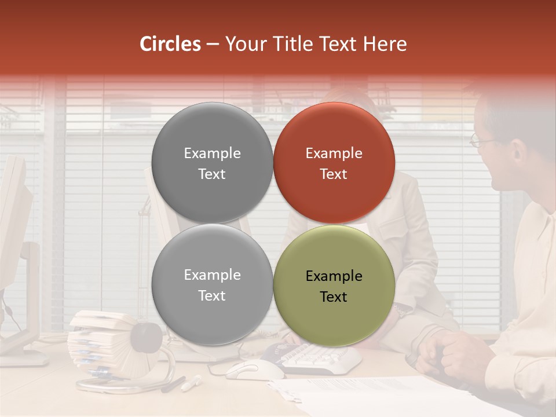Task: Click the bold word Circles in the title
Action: [170, 44]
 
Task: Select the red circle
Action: [334, 163]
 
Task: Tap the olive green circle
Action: [334, 286]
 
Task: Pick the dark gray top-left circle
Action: [212, 163]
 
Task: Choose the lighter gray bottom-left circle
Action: [212, 284]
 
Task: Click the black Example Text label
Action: [334, 286]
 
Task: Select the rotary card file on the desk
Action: [110, 345]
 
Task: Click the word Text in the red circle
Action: [334, 174]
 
